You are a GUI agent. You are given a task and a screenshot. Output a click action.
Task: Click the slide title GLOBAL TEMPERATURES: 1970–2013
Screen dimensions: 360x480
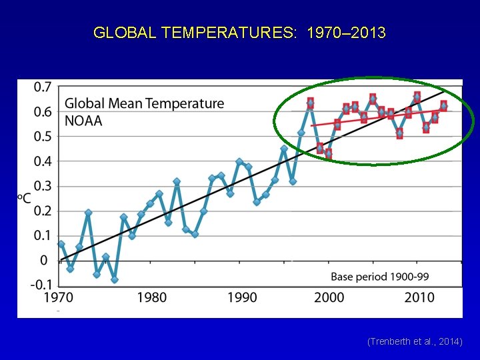(x=239, y=33)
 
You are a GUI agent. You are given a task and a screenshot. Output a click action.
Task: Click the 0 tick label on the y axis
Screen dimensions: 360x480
(x=44, y=260)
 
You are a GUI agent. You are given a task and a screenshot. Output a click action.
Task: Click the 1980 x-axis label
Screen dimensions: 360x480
(x=152, y=297)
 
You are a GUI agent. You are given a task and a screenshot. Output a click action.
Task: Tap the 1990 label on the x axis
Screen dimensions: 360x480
(x=241, y=297)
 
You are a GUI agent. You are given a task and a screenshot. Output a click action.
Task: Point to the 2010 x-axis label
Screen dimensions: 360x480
(x=419, y=297)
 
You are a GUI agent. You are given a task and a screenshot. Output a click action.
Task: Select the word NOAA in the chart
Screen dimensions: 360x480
(x=83, y=121)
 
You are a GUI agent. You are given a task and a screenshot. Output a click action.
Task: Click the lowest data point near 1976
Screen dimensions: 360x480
(x=115, y=279)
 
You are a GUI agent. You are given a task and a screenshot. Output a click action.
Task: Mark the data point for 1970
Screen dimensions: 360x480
(x=61, y=244)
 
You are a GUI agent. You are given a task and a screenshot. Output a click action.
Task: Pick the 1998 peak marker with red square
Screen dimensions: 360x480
(x=310, y=103)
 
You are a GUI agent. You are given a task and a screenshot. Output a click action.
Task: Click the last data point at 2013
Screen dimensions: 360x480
(x=443, y=105)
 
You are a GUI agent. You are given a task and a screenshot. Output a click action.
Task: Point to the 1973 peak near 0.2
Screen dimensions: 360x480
(x=88, y=213)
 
